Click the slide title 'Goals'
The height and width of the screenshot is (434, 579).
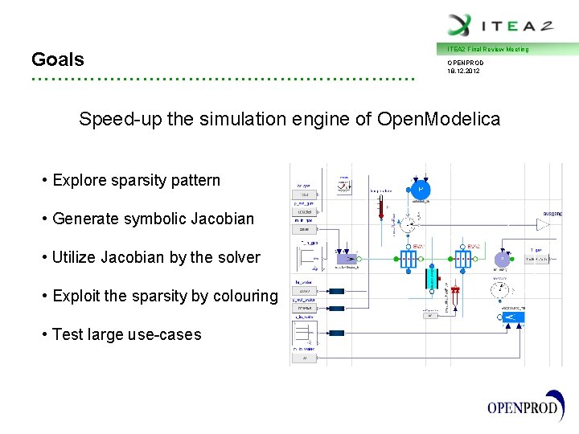tap(57, 59)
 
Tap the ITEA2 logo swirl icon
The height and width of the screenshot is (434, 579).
tap(460, 24)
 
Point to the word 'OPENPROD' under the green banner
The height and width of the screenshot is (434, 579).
tap(466, 62)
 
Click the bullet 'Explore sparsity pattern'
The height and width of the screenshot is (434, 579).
tap(135, 180)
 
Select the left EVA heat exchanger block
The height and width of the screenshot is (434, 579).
tap(409, 260)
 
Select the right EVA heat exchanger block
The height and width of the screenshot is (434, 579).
tap(462, 260)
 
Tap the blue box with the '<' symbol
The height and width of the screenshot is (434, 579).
tap(507, 320)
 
